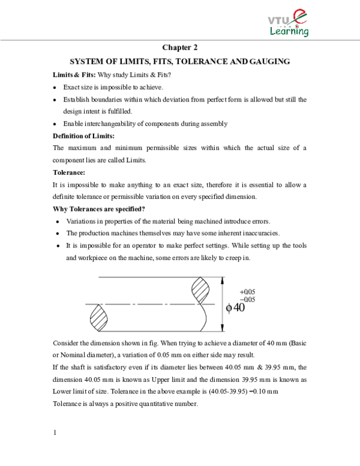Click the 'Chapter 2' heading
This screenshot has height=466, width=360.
coord(180,47)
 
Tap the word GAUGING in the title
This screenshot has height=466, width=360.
coord(269,61)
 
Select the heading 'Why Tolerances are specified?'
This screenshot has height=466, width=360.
coord(99,209)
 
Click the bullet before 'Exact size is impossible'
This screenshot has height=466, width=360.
coord(55,88)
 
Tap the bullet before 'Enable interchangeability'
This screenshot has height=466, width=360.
coord(55,124)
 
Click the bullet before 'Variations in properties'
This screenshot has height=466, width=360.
coord(55,222)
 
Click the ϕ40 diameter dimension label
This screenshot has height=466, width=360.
coord(235,307)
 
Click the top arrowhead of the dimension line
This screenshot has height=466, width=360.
coord(224,279)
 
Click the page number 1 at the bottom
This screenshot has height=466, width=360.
coord(55,433)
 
